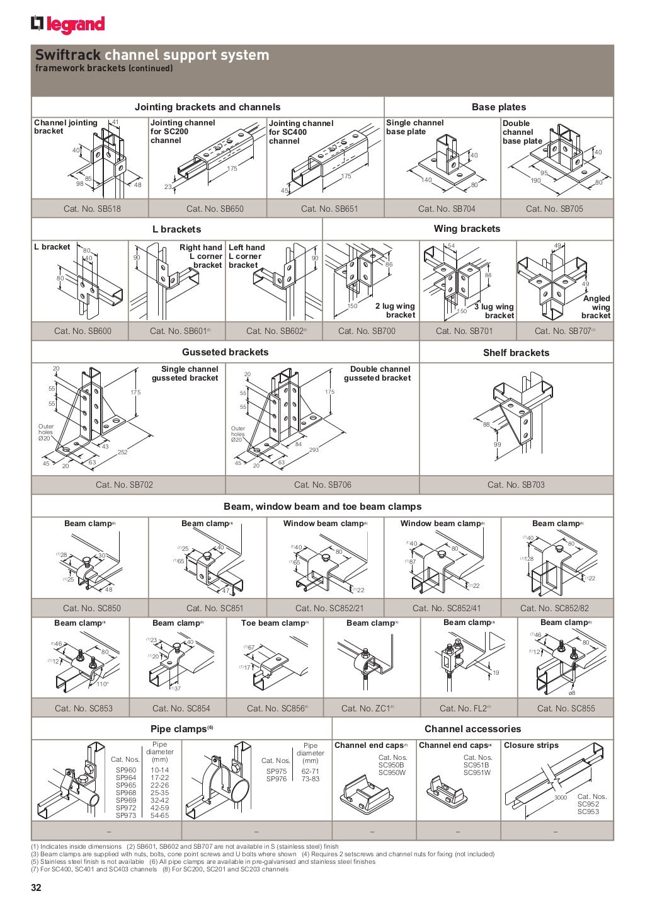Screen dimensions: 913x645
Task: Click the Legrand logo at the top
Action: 67,24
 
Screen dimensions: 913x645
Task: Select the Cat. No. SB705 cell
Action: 554,209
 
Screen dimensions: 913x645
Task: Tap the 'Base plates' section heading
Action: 498,107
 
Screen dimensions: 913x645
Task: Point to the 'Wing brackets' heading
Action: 467,229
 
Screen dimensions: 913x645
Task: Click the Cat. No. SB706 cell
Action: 322,485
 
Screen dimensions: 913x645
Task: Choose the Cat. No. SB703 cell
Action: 516,485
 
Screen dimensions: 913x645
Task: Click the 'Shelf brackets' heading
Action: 516,353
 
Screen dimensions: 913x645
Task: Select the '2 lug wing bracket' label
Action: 395,310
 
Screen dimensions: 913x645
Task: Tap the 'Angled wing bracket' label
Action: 596,307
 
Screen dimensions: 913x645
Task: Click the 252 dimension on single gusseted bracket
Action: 122,452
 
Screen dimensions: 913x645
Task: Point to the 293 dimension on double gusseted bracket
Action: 314,449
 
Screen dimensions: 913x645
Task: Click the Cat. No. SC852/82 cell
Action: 554,608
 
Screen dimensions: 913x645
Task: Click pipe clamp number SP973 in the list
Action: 126,815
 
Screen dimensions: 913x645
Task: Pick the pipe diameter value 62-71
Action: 311,771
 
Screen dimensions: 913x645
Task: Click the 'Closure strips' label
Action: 531,745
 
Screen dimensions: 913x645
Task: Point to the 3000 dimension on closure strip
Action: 560,798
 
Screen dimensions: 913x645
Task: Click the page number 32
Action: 37,888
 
